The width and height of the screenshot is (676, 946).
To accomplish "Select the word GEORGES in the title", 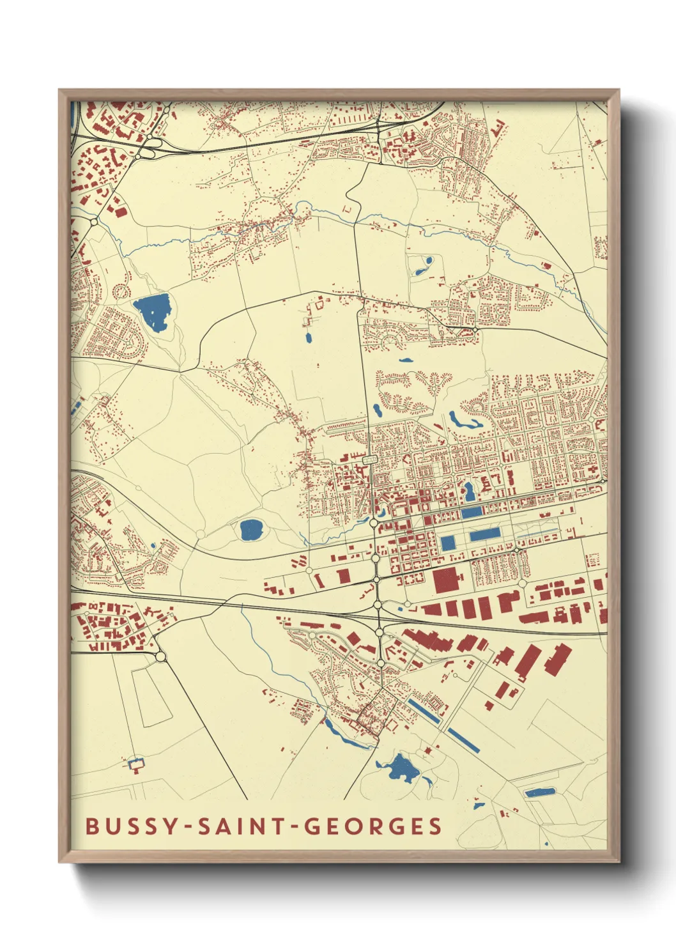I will tap(372, 826).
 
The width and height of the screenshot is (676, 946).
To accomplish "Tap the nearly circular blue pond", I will tap(250, 529).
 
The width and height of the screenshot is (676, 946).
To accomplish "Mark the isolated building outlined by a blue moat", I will tap(136, 763).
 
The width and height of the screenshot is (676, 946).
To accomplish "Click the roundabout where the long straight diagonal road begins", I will tap(160, 656).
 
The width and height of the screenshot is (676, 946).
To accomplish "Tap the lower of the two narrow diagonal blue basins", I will tap(464, 740).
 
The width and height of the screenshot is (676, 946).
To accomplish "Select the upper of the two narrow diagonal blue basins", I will tap(424, 711).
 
